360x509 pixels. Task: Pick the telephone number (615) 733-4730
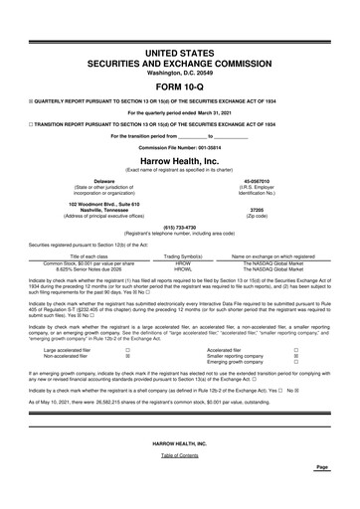point(180,227)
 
